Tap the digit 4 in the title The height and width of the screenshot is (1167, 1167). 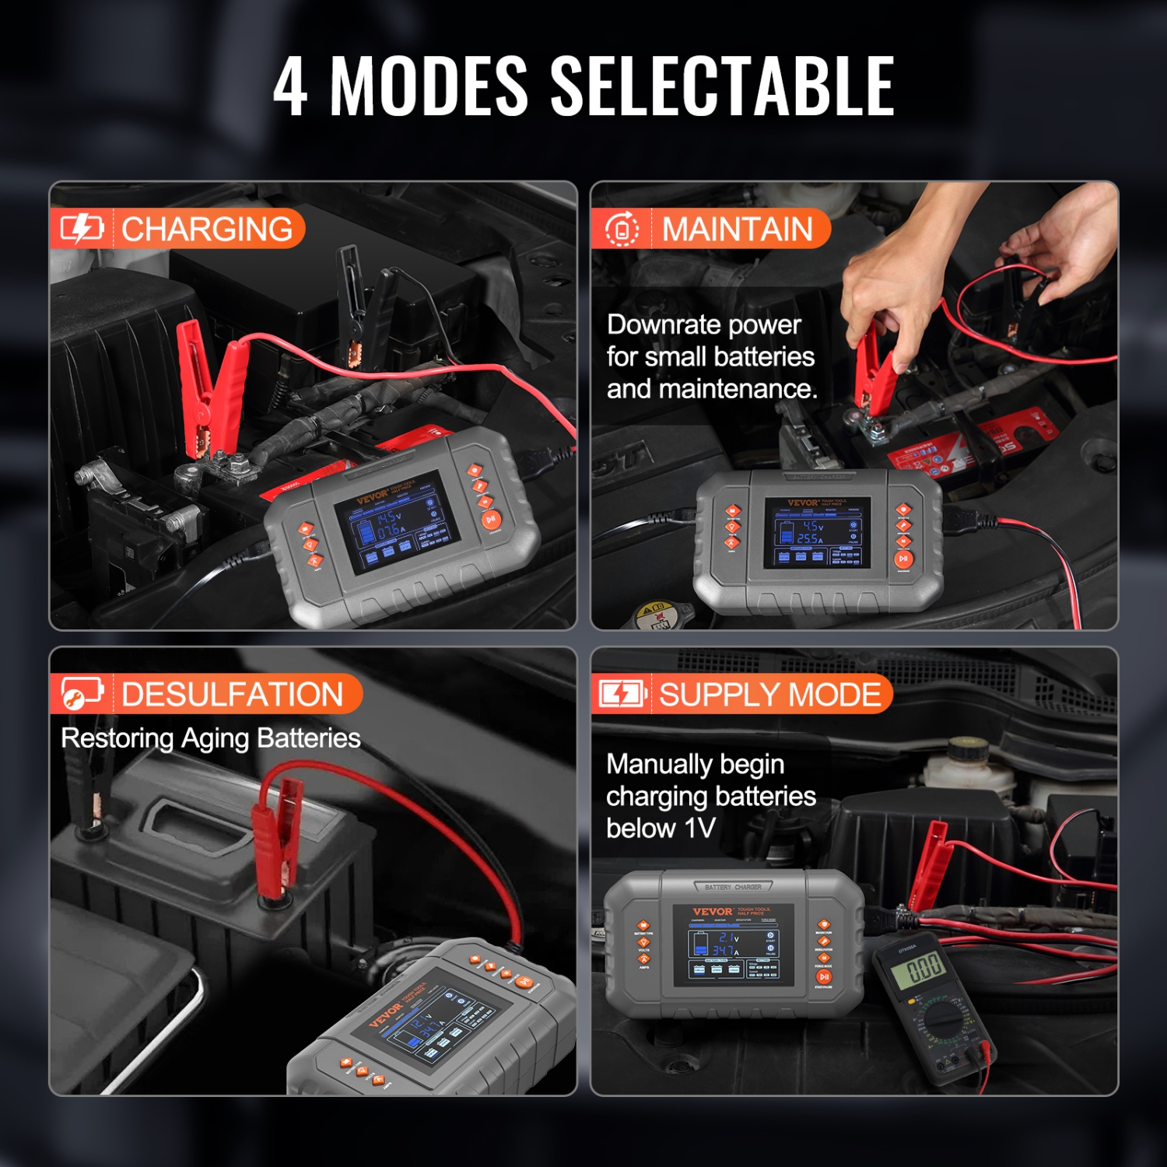(290, 87)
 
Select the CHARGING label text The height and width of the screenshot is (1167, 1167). (207, 230)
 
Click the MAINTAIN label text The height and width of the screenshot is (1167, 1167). (737, 230)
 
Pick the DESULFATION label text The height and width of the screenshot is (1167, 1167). (232, 694)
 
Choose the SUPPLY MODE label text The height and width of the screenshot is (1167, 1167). (769, 694)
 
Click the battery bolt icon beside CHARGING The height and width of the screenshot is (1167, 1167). (82, 229)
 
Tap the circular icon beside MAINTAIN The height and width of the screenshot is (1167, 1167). (622, 230)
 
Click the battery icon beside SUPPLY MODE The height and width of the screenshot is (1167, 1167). (622, 693)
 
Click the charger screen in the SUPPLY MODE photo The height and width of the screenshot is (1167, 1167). (733, 945)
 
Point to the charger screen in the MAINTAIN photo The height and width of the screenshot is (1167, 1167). (817, 532)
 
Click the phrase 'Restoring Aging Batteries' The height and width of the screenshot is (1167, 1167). (211, 738)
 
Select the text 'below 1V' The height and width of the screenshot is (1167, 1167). (661, 828)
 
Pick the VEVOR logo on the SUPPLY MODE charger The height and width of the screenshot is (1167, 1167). (712, 912)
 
